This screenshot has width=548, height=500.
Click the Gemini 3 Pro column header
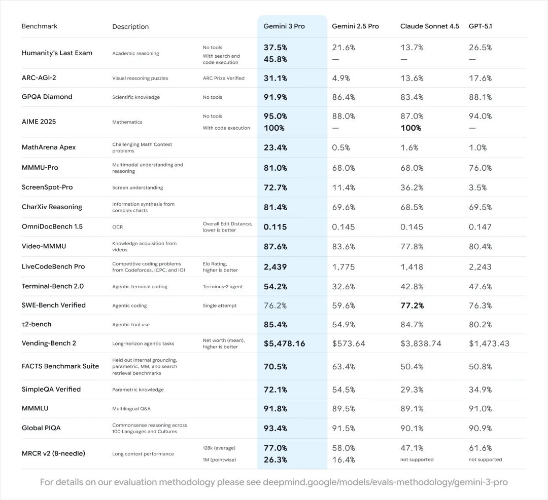pos(284,26)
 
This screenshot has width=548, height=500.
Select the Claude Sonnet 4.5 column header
pos(429,26)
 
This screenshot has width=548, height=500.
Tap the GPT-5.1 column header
pos(480,26)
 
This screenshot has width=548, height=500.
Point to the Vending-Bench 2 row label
pos(49,343)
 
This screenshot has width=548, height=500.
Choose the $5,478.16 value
pos(284,343)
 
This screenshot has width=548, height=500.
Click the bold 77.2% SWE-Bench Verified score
pos(412,305)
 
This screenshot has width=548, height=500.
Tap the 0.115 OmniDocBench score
pos(276,227)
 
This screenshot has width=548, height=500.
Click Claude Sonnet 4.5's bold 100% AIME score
pos(410,128)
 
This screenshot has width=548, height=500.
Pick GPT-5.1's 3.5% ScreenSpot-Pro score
pos(477,187)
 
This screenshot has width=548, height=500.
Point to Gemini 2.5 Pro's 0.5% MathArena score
pos(341,147)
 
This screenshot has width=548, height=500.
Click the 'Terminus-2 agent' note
pos(223,287)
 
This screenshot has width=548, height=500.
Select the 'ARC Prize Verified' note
pos(223,79)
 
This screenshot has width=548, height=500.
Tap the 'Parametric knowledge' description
pos(138,390)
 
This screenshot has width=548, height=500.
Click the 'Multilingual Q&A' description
pos(131,408)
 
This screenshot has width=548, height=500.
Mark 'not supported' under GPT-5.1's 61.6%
pos(485,459)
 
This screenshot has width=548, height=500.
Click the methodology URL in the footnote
pos(385,482)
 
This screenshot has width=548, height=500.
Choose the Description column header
pos(130,26)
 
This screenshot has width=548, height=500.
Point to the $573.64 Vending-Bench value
pos(349,343)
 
